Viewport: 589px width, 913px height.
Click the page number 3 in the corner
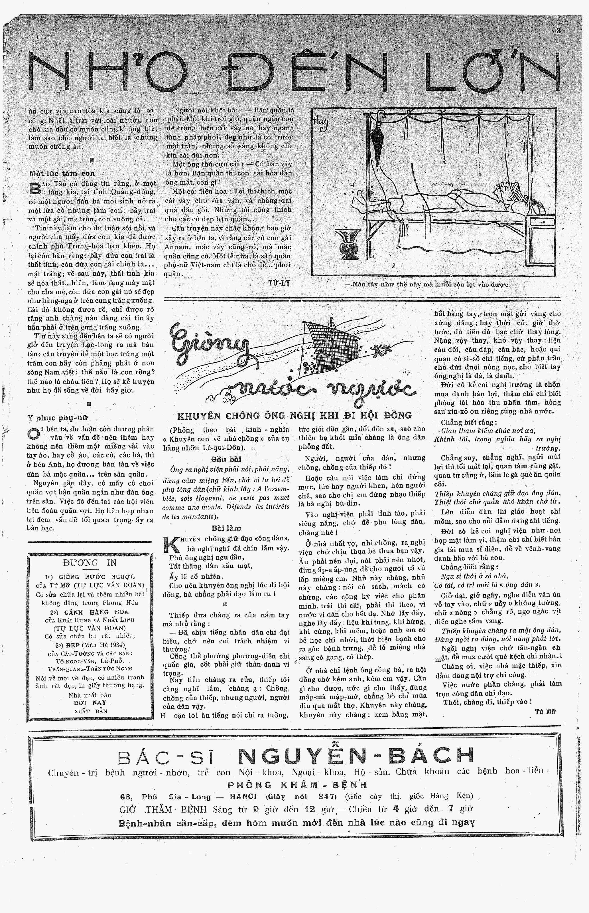click(x=559, y=31)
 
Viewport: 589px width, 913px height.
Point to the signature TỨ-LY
click(x=279, y=283)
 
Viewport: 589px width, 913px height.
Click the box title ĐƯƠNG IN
click(x=90, y=563)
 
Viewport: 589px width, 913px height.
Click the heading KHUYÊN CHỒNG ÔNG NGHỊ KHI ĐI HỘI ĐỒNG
click(x=294, y=415)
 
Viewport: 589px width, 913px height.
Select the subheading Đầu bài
click(x=226, y=459)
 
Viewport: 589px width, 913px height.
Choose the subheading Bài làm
click(x=226, y=528)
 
